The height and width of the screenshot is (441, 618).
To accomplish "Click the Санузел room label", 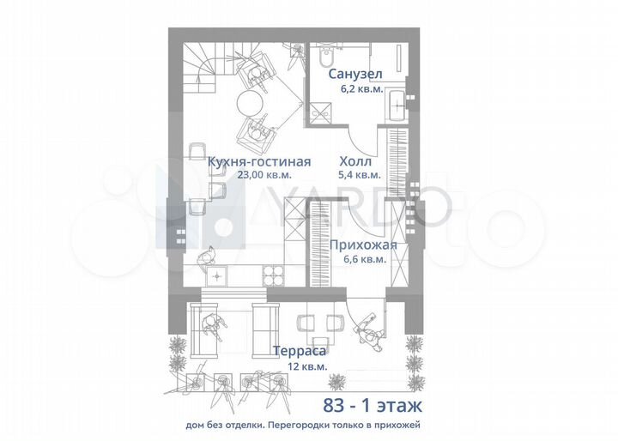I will point(356,74).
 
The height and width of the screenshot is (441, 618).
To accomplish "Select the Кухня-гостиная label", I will point(259,161).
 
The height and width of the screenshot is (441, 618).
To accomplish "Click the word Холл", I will point(355,161).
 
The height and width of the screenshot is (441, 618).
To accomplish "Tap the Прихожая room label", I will point(363,245).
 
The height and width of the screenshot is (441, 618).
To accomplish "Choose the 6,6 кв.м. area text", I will point(363,259).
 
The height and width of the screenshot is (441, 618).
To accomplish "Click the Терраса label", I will point(299,350).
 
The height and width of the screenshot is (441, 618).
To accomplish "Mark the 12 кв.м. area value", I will point(299,365).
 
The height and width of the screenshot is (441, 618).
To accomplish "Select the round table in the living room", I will point(251,105).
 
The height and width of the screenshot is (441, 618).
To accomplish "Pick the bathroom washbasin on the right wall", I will point(400,106).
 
